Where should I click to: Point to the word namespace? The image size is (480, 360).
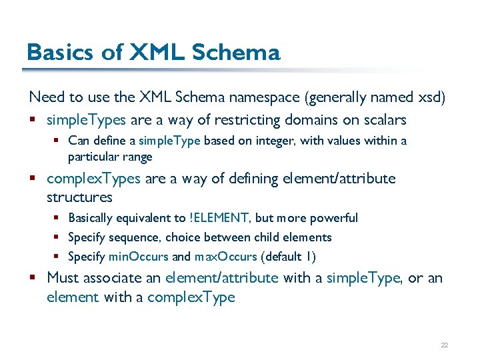pyautogui.click(x=265, y=97)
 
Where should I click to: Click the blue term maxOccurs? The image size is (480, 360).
pyautogui.click(x=225, y=257)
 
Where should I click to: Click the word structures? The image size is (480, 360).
pyautogui.click(x=79, y=197)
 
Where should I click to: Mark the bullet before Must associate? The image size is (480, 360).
pyautogui.click(x=33, y=278)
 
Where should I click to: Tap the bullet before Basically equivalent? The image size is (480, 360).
pyautogui.click(x=57, y=218)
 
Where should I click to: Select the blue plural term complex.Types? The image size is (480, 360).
pyautogui.click(x=93, y=179)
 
